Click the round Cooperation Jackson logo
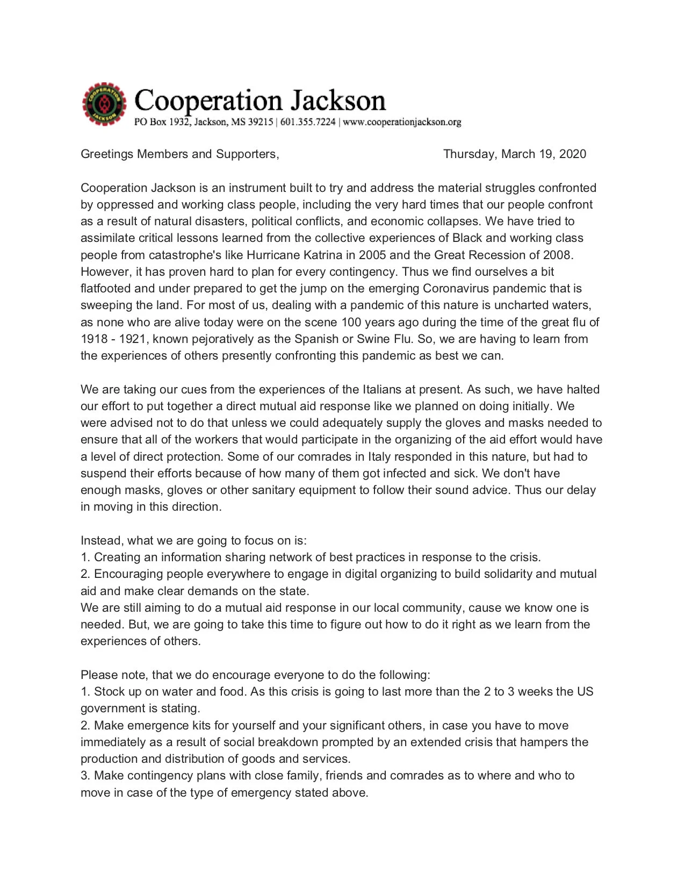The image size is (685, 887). [x=104, y=104]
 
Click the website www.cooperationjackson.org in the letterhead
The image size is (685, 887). [x=402, y=122]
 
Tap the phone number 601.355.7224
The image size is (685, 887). [x=308, y=122]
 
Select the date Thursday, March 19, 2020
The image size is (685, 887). [x=514, y=154]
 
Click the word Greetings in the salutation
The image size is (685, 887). [x=107, y=154]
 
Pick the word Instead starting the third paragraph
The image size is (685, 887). [x=102, y=541]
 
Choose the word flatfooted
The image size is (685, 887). [x=106, y=289]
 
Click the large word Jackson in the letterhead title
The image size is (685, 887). [x=338, y=101]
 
